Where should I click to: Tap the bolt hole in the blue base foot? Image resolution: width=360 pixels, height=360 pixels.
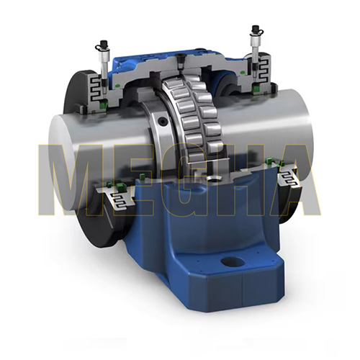(x=233, y=262)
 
